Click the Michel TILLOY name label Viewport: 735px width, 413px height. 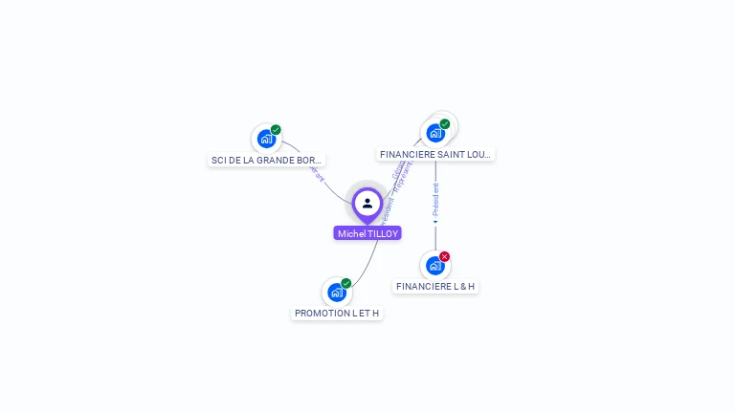tap(367, 233)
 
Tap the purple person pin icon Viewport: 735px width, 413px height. tap(367, 204)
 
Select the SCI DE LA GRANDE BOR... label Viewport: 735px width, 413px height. tap(266, 160)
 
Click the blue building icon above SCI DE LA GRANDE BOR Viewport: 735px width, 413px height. tap(266, 139)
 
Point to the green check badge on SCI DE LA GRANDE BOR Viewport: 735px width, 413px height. tap(276, 130)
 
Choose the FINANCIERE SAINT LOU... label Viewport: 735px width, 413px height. tap(435, 154)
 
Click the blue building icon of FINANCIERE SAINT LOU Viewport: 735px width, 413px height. tap(435, 133)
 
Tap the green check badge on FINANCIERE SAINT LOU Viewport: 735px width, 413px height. tap(445, 124)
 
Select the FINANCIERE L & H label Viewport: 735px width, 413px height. tap(435, 286)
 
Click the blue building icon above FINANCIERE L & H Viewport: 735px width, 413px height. tap(434, 265)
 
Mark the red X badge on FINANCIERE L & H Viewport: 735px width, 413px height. tap(445, 256)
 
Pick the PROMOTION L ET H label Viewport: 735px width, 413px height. tap(337, 313)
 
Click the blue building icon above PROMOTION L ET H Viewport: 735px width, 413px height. tap(336, 292)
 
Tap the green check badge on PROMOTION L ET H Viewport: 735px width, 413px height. tap(346, 283)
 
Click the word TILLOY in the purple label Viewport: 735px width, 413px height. tap(382, 233)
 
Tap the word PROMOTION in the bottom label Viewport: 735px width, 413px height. tap(317, 313)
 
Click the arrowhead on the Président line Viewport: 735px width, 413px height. tap(435, 222)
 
